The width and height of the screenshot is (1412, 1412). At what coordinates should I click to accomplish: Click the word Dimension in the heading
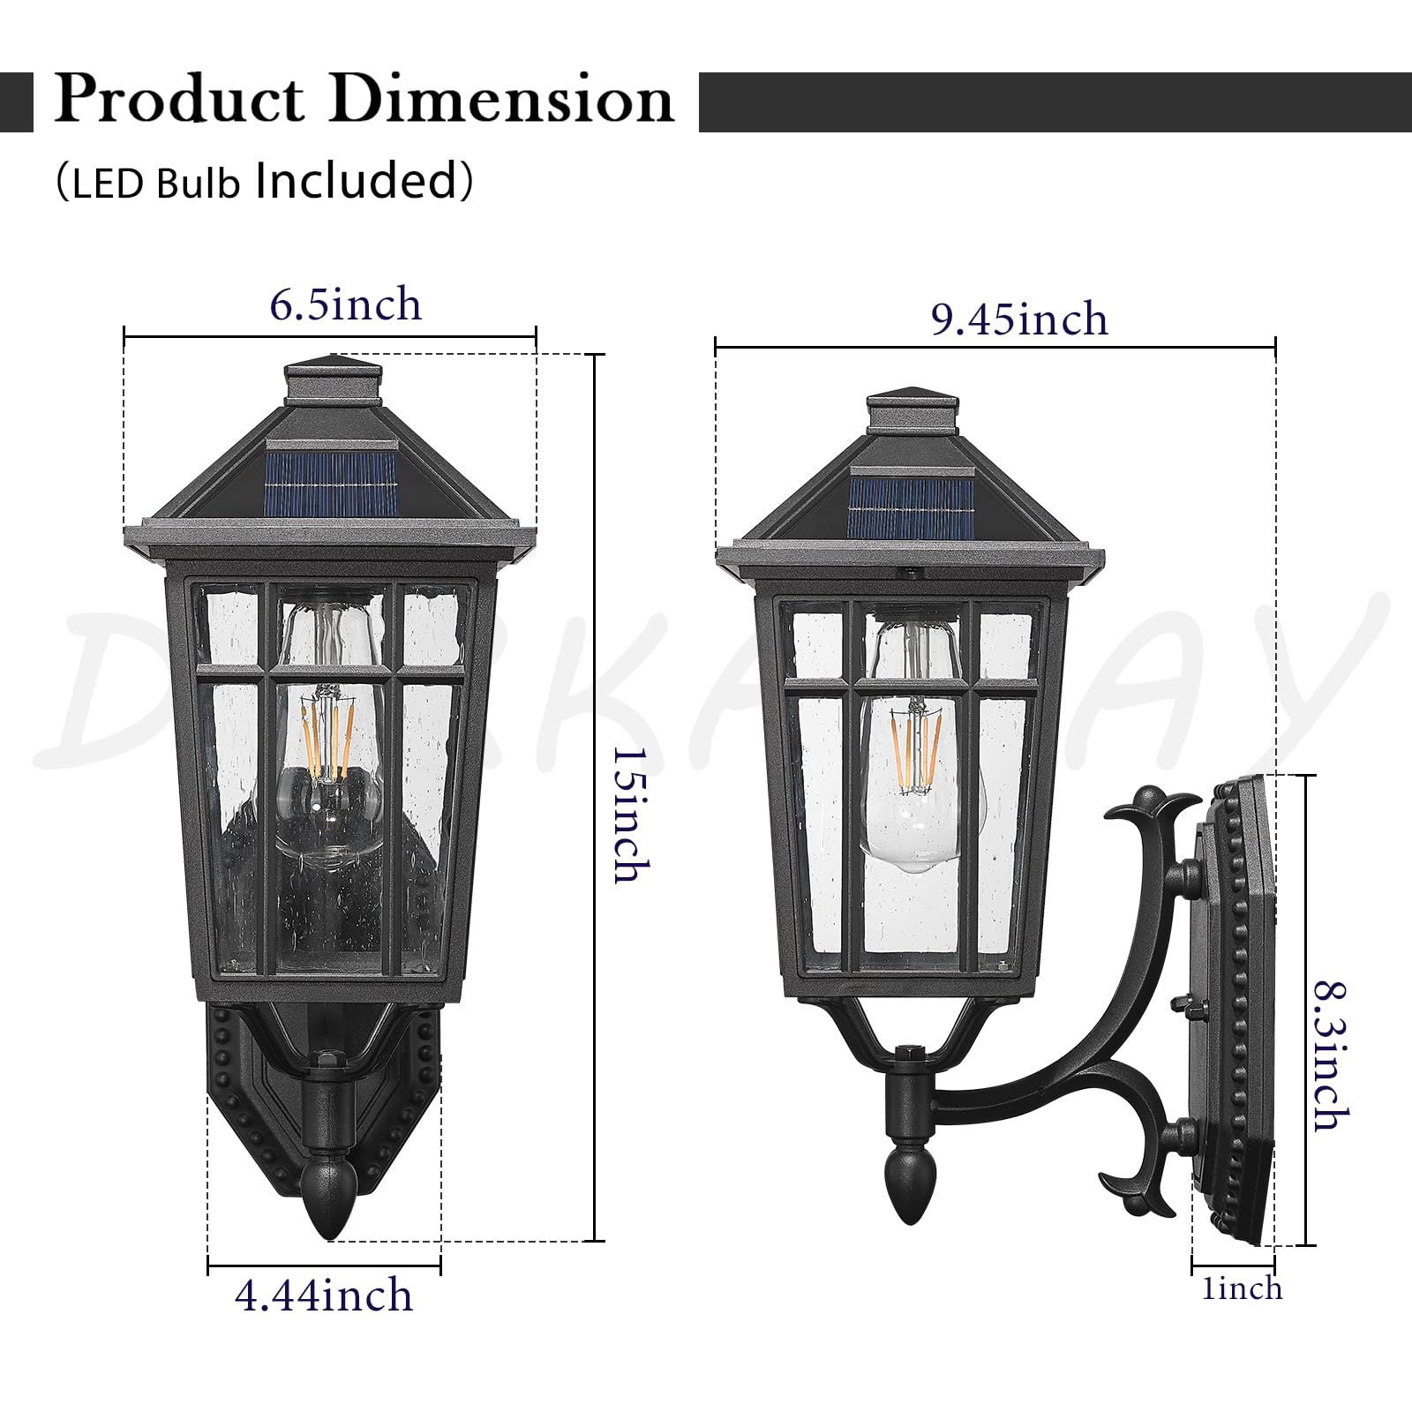pyautogui.click(x=502, y=99)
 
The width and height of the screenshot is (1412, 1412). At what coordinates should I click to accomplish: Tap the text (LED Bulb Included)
pyautogui.click(x=264, y=181)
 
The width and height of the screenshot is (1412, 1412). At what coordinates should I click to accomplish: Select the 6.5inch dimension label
pyautogui.click(x=345, y=305)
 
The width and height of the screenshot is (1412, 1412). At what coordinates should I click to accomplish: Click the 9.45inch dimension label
pyautogui.click(x=1019, y=319)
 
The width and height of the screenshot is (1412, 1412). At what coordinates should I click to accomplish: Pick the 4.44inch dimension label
pyautogui.click(x=324, y=1296)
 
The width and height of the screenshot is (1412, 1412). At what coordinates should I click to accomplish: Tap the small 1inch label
pyautogui.click(x=1242, y=1289)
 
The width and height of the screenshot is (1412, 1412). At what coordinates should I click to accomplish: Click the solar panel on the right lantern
pyautogui.click(x=913, y=509)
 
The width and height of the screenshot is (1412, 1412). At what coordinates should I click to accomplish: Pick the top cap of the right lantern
pyautogui.click(x=913, y=412)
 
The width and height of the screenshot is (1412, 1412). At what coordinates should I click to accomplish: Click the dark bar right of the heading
pyautogui.click(x=1055, y=102)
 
